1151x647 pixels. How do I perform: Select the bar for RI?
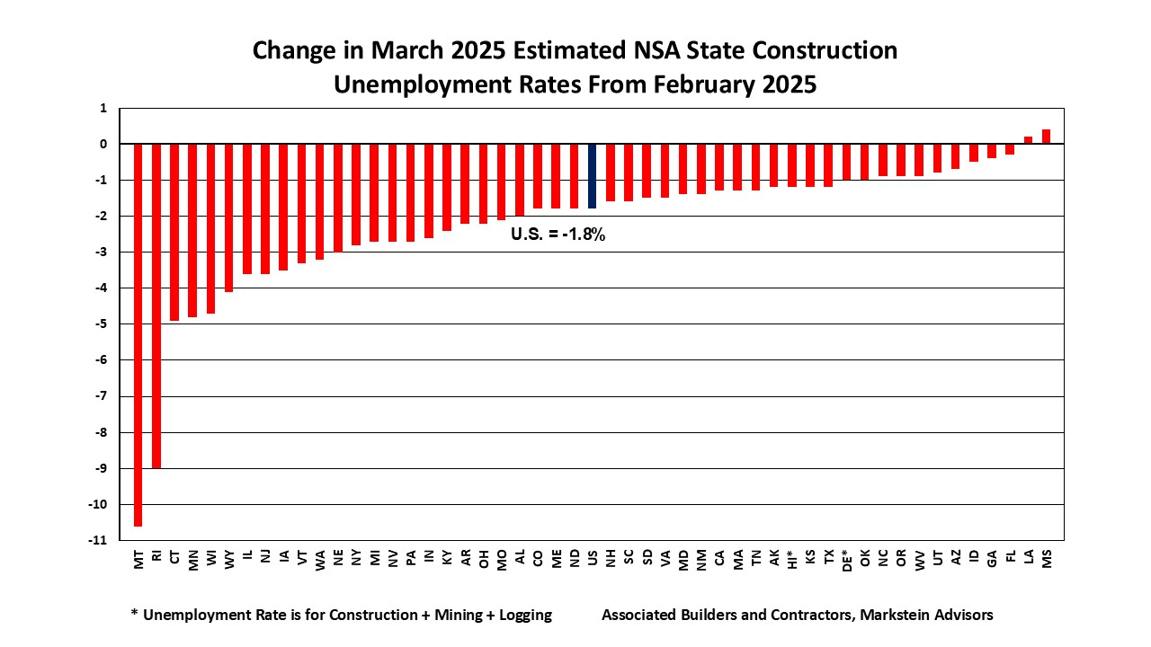pyautogui.click(x=156, y=306)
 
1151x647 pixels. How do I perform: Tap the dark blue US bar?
pyautogui.click(x=592, y=176)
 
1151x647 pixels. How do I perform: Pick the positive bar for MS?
pyautogui.click(x=1046, y=137)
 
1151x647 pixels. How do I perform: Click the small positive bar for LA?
pyautogui.click(x=1028, y=140)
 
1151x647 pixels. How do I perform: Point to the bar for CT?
pyautogui.click(x=174, y=232)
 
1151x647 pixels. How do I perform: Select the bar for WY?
pyautogui.click(x=229, y=217)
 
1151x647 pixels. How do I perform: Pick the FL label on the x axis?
pyautogui.click(x=1010, y=558)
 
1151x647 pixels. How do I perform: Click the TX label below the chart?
pyautogui.click(x=828, y=558)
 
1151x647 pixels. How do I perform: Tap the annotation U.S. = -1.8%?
pyautogui.click(x=558, y=238)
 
